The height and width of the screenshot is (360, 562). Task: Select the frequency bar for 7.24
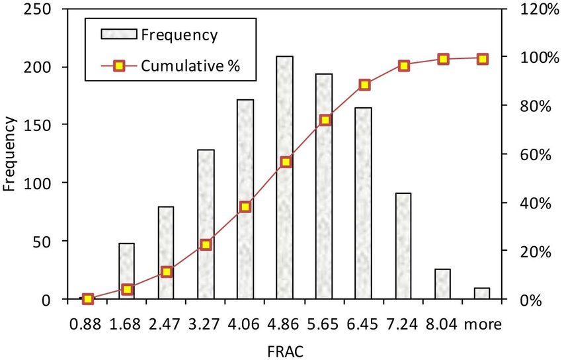coord(403,246)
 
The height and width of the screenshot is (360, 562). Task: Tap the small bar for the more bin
coord(482,294)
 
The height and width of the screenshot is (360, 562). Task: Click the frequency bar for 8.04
coord(443,285)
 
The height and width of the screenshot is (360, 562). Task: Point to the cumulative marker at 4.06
coord(245,207)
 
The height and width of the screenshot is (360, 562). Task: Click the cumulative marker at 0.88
coord(88,299)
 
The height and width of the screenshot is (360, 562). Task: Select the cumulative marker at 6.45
coord(364,85)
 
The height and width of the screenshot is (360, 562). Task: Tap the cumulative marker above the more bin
coord(483,59)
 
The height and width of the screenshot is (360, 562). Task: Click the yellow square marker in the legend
coord(119,66)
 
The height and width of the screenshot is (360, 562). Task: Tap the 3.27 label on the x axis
coord(206,324)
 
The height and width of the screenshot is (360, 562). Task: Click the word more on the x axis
coord(482,324)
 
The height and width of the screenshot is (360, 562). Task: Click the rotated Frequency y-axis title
coord(9,154)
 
